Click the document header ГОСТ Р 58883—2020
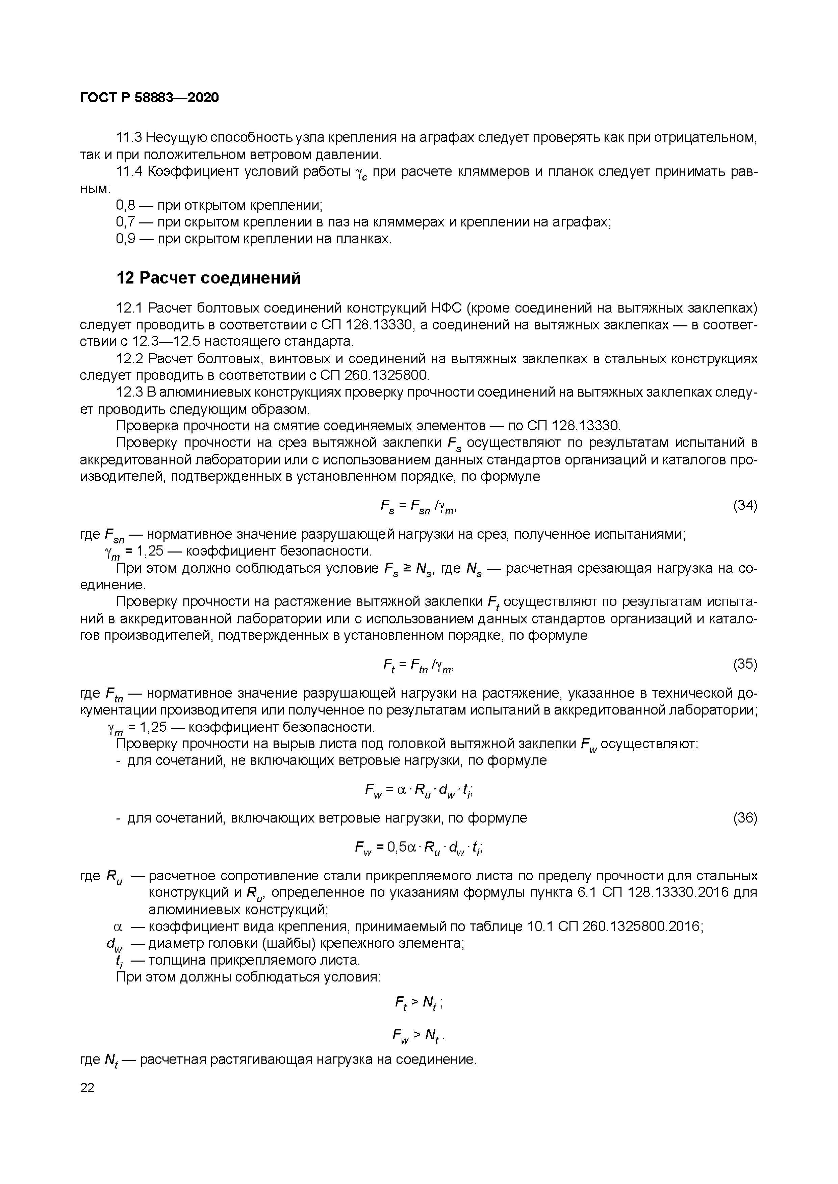pos(149,98)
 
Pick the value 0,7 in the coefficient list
pos(125,222)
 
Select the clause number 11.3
pos(129,138)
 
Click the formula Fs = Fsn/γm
pos(418,508)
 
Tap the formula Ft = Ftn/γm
pos(418,667)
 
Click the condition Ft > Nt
pos(418,1002)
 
